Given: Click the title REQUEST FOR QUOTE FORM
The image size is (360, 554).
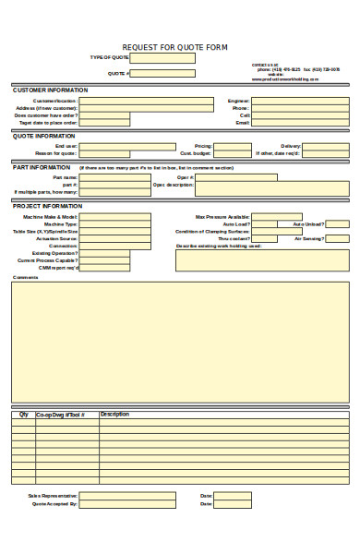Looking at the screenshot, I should [175, 47].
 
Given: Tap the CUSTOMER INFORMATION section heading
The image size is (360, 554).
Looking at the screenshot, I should [50, 90].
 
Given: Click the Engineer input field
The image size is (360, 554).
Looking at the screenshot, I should [300, 101].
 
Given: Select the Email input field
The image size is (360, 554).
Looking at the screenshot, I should [300, 123].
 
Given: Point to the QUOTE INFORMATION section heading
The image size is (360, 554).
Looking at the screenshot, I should [43, 136].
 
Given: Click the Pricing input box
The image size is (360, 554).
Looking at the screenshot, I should [233, 146].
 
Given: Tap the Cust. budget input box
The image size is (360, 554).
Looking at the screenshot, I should [233, 153].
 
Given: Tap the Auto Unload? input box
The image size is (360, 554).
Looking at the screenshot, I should [338, 224].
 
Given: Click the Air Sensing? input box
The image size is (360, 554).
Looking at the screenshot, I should [338, 238].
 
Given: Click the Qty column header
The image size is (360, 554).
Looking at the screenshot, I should [23, 415].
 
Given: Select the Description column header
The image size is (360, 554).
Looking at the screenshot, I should [114, 415].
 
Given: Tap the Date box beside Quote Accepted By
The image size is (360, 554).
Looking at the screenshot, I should [233, 504].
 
